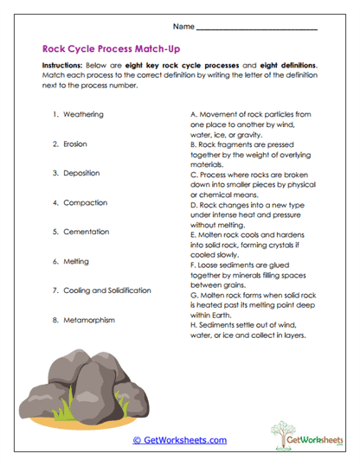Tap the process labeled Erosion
pyautogui.click(x=74, y=144)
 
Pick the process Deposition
pyautogui.click(x=80, y=173)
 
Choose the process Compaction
pyautogui.click(x=83, y=202)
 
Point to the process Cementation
pyautogui.click(x=85, y=232)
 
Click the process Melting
pyautogui.click(x=75, y=261)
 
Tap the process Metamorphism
pyautogui.click(x=90, y=320)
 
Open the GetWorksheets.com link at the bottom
pyautogui.click(x=179, y=440)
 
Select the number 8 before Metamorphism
pyautogui.click(x=55, y=320)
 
